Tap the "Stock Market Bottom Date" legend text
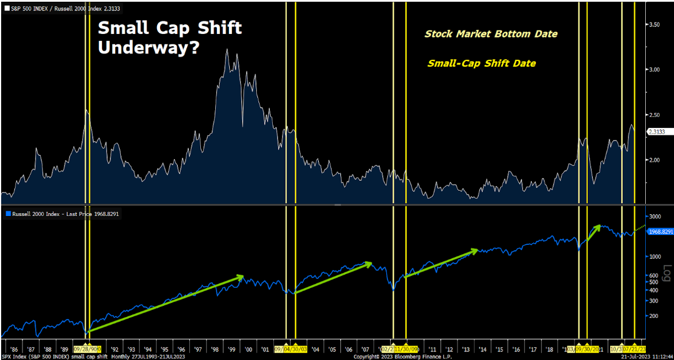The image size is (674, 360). click(x=491, y=34)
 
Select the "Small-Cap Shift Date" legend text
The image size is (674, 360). click(x=481, y=63)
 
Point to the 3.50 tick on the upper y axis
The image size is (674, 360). click(x=654, y=25)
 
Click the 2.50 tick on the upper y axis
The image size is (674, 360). click(x=654, y=115)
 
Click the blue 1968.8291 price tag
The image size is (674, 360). click(x=660, y=232)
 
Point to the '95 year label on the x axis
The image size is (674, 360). click(x=165, y=350)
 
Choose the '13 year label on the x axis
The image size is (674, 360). click(x=466, y=350)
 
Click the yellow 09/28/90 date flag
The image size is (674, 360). click(x=87, y=349)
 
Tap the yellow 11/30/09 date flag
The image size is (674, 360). click(x=406, y=349)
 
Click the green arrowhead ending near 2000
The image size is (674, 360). click(x=241, y=278)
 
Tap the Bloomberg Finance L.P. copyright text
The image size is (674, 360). click(x=402, y=357)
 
